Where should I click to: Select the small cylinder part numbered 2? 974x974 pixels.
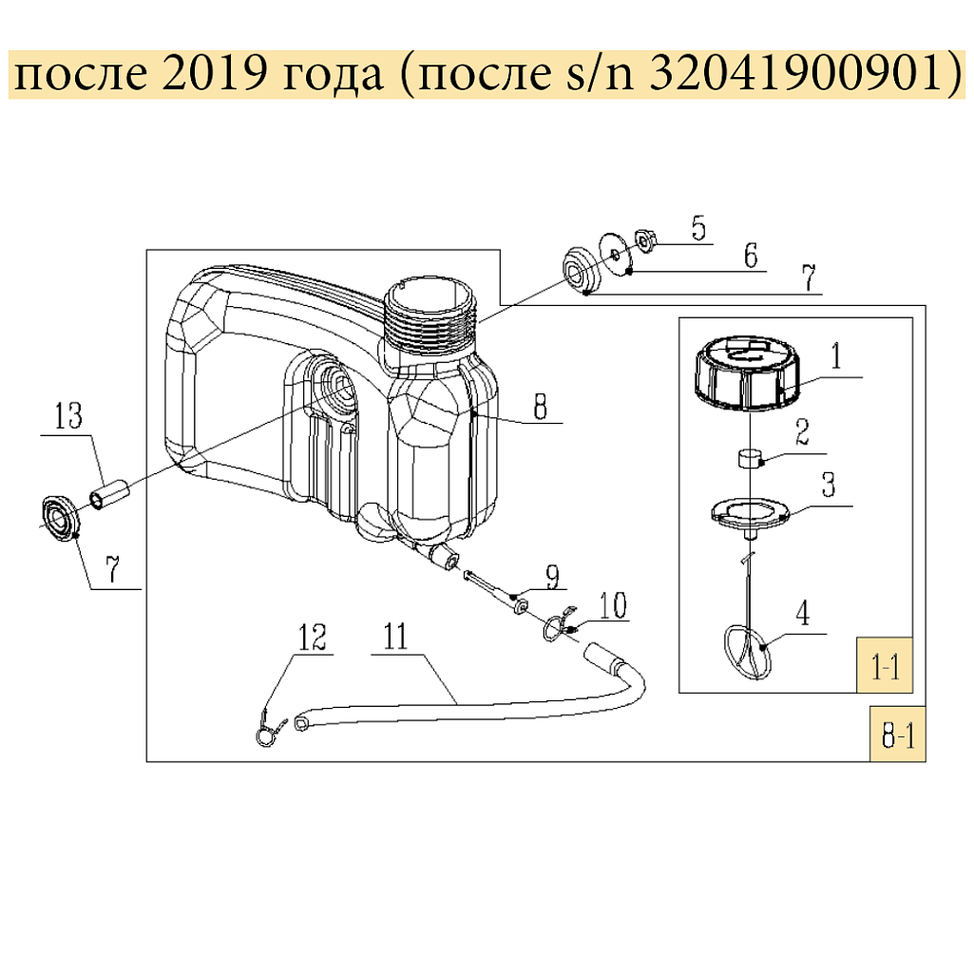(x=752, y=460)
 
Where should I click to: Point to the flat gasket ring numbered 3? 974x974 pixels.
(x=752, y=512)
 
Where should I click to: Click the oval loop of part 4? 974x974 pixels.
(x=748, y=653)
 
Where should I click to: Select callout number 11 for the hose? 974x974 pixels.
(x=394, y=636)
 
